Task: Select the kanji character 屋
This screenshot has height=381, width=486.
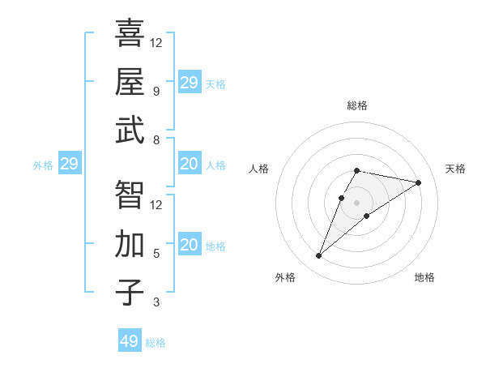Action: (x=130, y=81)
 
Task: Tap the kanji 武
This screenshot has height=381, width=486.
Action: (x=130, y=130)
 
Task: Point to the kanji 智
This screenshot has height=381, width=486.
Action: (x=130, y=195)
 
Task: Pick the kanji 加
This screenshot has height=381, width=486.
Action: (x=130, y=243)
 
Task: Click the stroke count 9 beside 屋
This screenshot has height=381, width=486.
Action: (x=156, y=91)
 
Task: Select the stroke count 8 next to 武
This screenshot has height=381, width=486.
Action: (x=156, y=140)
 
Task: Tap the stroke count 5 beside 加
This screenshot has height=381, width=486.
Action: (x=156, y=254)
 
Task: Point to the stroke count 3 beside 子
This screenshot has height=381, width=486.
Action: (x=156, y=303)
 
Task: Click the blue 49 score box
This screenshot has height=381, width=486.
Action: (x=130, y=341)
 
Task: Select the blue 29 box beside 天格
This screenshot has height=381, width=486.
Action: (x=189, y=83)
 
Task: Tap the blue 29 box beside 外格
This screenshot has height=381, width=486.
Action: (x=69, y=164)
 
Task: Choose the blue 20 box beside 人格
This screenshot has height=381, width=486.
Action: (x=189, y=164)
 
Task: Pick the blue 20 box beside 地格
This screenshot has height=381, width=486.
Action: (x=189, y=245)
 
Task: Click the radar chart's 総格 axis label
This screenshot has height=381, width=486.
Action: (x=356, y=105)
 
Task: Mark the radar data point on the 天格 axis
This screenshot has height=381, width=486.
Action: (x=419, y=182)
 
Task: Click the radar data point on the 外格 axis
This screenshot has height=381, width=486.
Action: (x=319, y=256)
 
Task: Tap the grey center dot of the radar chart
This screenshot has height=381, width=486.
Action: (x=356, y=203)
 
